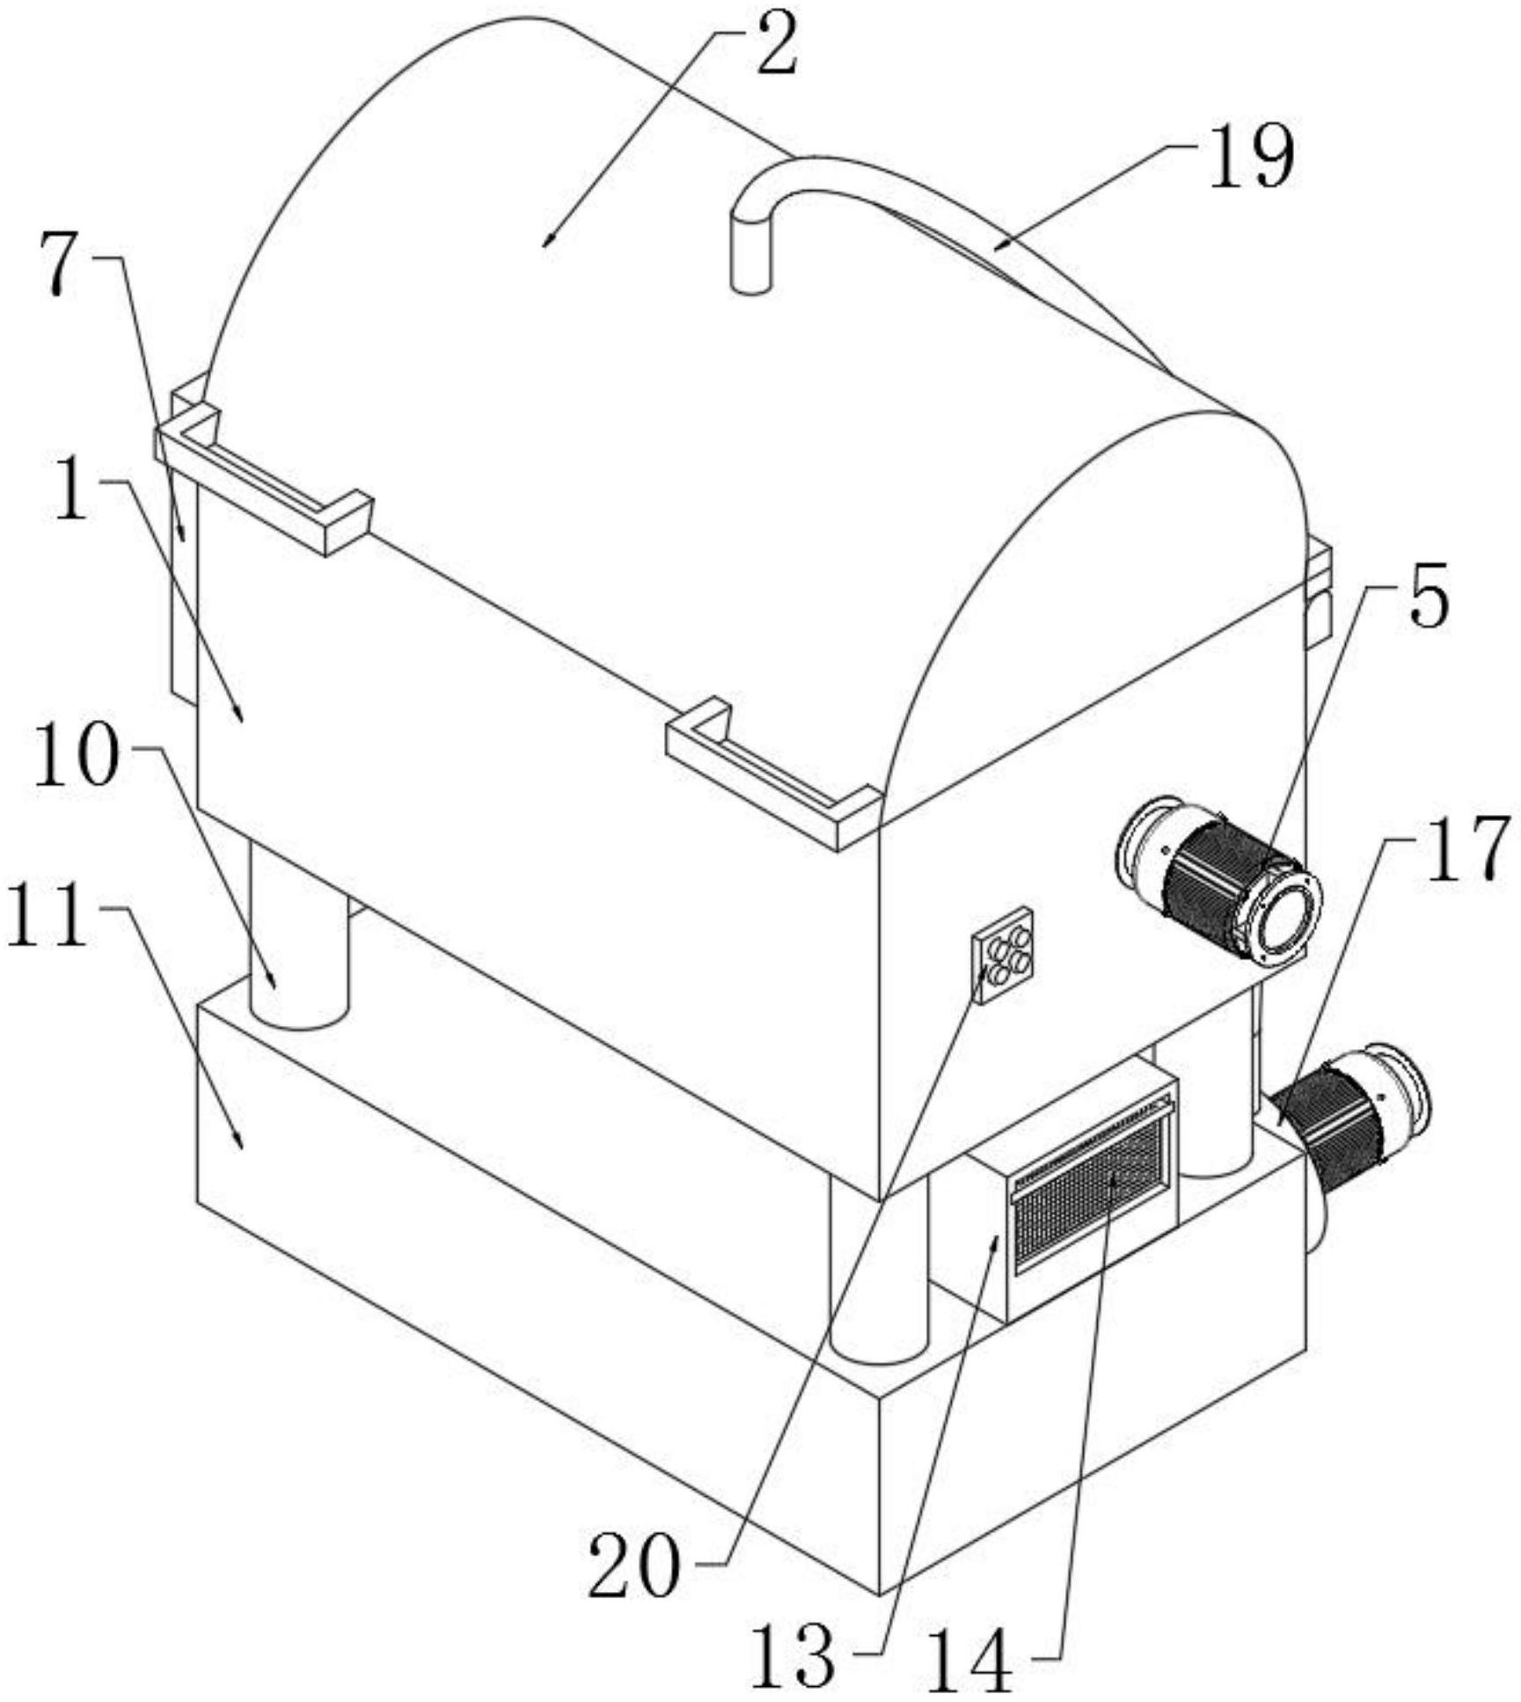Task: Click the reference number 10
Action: (x=77, y=759)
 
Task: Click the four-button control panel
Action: (x=1002, y=954)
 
